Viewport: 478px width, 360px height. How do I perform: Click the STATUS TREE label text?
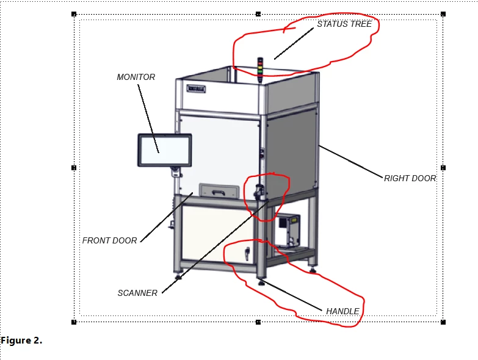344,24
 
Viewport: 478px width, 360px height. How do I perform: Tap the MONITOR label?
136,77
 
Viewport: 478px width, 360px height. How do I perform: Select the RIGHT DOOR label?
410,178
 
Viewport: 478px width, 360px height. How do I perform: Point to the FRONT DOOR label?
109,240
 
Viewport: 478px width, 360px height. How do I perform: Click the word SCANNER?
137,293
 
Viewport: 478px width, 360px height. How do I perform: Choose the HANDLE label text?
342,311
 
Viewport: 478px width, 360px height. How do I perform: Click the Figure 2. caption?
21,340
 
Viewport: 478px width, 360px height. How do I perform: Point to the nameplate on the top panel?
197,88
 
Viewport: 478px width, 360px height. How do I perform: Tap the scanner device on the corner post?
259,192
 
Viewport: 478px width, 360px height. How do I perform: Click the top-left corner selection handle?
74,13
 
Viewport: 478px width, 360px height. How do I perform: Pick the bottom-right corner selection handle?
443,322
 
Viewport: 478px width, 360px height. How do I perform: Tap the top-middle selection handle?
258,13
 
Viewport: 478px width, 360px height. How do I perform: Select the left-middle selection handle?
74,167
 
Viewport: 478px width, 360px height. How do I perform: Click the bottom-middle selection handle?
258,322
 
